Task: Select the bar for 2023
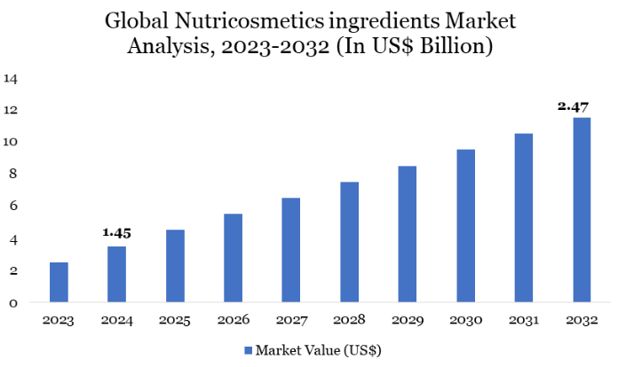coord(59,282)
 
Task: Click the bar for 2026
coord(233,258)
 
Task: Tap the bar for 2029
coord(407,234)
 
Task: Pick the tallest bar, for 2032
coord(582,209)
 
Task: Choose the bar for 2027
coord(291,250)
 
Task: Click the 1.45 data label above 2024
coord(117,232)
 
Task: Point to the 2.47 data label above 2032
coord(574,105)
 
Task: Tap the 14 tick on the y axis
coord(11,78)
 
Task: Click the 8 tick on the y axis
coord(11,175)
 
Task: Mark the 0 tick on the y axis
coord(11,303)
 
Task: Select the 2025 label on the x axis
coord(175,320)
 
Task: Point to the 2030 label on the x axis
coord(465,320)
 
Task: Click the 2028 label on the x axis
coord(349,320)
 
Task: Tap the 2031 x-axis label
coord(524,320)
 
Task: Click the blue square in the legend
coord(248,350)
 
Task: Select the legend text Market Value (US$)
coord(318,350)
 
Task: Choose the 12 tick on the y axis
coord(11,110)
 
